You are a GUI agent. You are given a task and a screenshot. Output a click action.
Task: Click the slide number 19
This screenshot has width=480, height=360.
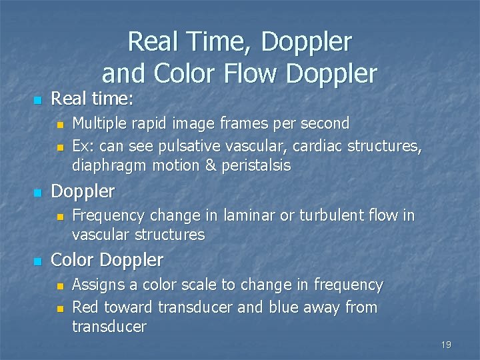[446, 345]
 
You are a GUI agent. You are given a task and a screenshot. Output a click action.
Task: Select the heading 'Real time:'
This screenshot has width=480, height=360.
[93, 99]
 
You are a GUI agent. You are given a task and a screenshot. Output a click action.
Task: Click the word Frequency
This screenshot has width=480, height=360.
[109, 215]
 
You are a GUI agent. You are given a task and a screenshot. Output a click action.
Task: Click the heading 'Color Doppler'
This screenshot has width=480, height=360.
[107, 259]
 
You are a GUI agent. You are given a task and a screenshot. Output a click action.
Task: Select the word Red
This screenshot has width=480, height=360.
[85, 307]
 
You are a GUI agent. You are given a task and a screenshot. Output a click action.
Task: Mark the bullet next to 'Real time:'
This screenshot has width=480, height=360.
[37, 101]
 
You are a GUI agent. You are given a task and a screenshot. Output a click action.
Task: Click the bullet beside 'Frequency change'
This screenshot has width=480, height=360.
[59, 217]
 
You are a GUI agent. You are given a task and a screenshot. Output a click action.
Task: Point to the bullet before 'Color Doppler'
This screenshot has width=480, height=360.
[37, 261]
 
